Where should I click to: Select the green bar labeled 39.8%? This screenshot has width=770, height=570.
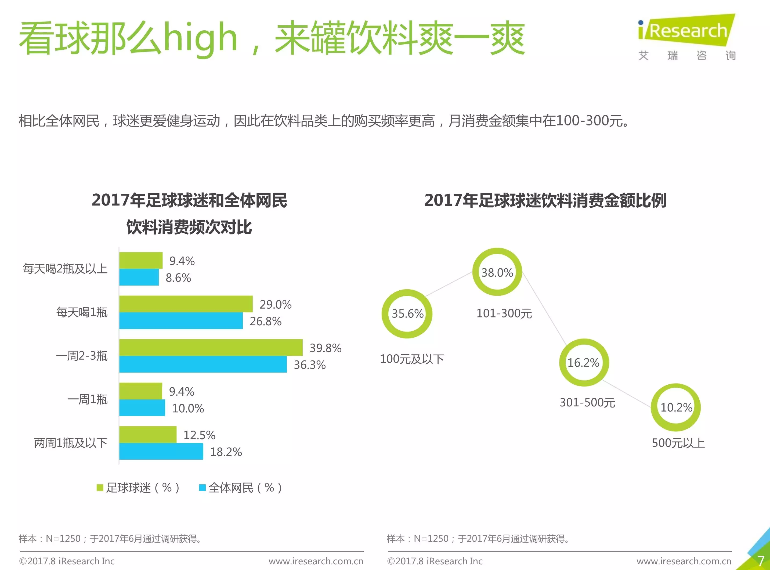click(x=211, y=347)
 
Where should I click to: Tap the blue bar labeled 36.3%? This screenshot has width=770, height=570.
click(x=203, y=364)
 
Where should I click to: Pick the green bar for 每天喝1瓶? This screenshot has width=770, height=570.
click(x=186, y=304)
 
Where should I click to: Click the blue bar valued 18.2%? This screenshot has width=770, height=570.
click(x=161, y=451)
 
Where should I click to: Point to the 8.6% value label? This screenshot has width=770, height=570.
click(x=178, y=278)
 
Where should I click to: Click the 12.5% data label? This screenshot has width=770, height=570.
click(x=199, y=435)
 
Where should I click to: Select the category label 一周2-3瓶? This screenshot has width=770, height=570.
click(x=82, y=356)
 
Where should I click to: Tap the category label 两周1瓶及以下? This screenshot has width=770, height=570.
click(x=70, y=443)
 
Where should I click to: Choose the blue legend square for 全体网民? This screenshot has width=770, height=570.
click(x=203, y=488)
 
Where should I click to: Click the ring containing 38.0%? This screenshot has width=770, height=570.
click(x=497, y=272)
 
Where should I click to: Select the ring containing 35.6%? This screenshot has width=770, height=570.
click(x=407, y=314)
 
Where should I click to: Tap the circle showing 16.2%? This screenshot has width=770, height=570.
click(x=584, y=363)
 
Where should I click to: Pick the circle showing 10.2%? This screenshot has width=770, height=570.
click(x=676, y=407)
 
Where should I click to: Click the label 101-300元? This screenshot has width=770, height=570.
click(x=504, y=313)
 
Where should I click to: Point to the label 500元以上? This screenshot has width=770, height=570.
click(x=678, y=443)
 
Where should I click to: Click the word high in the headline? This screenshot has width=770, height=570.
click(x=200, y=38)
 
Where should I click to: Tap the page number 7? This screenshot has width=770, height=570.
click(x=761, y=561)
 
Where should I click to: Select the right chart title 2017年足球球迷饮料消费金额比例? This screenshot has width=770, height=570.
click(x=545, y=200)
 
